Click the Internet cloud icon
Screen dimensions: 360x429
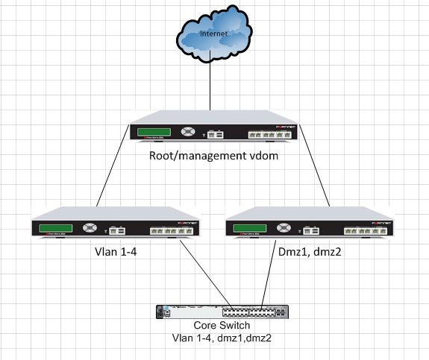click(x=210, y=37)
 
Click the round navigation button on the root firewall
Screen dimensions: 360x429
click(x=187, y=134)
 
